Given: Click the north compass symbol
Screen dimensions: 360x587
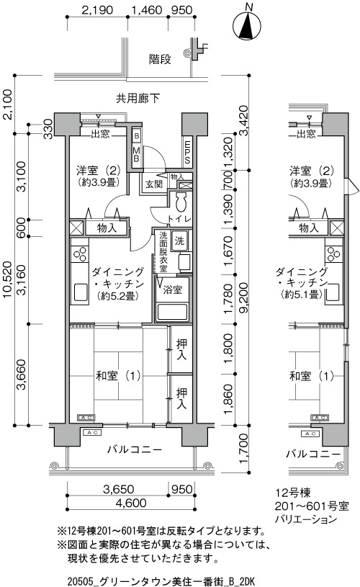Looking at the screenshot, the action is [247, 24].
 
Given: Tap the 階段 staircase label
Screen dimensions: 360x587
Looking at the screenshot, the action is [160, 59].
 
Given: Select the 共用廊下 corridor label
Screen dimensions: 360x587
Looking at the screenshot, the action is [138, 99].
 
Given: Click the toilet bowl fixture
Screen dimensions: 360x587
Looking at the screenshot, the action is [182, 202].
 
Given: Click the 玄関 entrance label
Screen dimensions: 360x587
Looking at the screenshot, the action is [154, 184].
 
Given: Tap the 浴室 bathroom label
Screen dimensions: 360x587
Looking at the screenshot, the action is [172, 290].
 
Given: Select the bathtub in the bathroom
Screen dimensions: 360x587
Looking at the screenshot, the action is [172, 312].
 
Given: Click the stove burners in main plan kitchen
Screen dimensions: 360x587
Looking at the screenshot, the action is [80, 254].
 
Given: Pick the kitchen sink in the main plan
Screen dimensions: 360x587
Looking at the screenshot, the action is [81, 292].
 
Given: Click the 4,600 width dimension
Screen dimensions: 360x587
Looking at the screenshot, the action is [131, 503].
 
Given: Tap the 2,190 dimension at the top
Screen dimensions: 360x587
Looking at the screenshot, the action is [97, 10].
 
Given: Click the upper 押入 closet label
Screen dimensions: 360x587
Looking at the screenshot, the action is [182, 349].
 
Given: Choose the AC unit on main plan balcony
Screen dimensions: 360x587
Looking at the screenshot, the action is [92, 433].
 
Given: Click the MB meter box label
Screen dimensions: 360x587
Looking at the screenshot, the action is [137, 154].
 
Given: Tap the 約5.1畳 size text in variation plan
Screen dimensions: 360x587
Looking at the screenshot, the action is [302, 295].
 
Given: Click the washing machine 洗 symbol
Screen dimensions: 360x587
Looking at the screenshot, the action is [179, 241].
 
